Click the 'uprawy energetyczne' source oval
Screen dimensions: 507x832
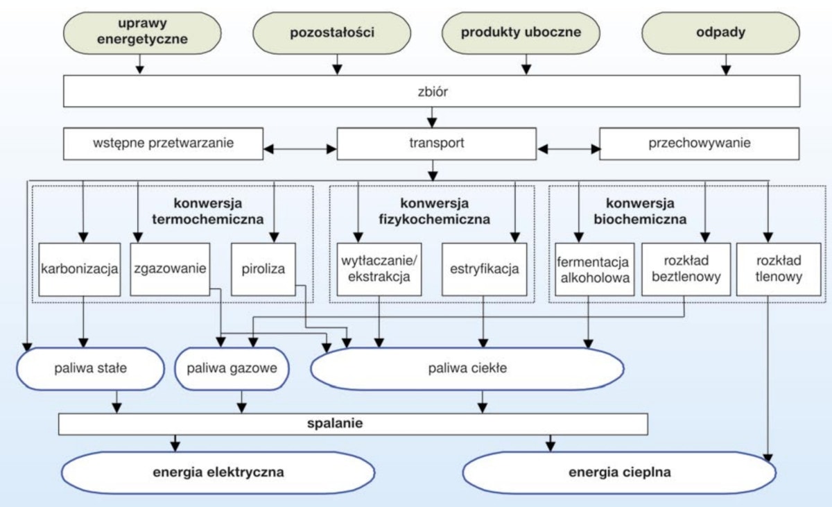tap(142, 33)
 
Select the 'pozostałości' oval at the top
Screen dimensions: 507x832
tap(338, 33)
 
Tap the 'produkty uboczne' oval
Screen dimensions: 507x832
tap(521, 33)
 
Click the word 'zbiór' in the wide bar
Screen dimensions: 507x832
tap(431, 92)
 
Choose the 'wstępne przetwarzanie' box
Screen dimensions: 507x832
tap(163, 144)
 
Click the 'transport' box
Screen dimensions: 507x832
tap(436, 144)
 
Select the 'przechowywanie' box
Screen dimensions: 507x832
tap(700, 144)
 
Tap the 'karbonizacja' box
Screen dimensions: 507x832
tap(80, 268)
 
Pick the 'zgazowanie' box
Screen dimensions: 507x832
tap(169, 268)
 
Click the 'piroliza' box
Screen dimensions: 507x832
tap(263, 268)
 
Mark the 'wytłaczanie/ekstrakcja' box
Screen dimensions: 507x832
tap(379, 269)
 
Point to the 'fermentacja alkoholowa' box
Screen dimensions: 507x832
tap(593, 269)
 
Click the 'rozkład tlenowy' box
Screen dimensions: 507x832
tap(779, 269)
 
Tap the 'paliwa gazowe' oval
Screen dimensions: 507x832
tap(232, 368)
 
